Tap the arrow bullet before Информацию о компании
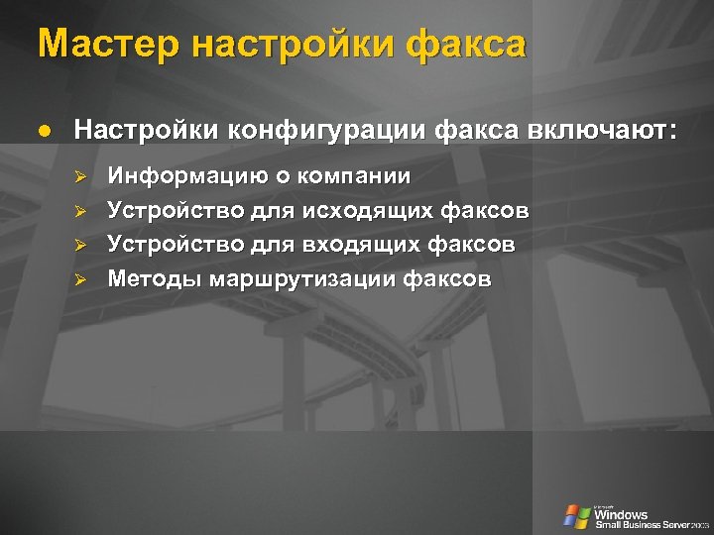point(83,177)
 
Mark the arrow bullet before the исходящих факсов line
point(83,211)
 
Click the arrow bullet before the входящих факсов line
point(83,244)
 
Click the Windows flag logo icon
point(576,516)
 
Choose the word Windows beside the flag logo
point(621,514)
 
